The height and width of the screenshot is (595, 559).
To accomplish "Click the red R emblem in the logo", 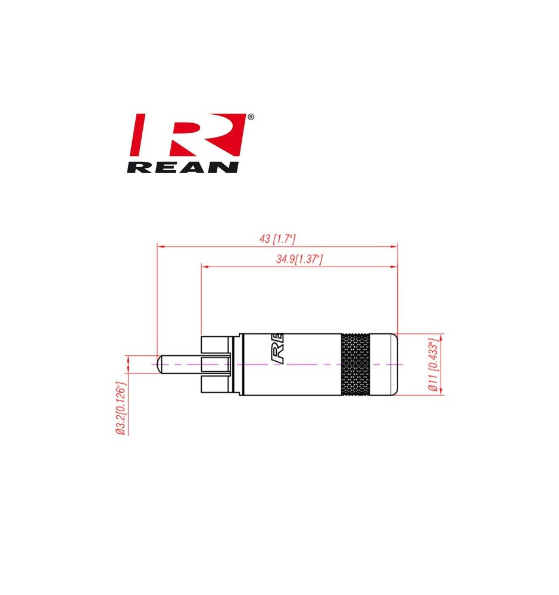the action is [188, 134].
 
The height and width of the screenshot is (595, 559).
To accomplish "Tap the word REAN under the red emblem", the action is [183, 167].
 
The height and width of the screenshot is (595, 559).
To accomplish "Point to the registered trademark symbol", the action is [251, 117].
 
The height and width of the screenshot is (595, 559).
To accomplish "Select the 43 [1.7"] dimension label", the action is [277, 239].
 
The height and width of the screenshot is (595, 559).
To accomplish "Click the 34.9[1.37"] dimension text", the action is [299, 259].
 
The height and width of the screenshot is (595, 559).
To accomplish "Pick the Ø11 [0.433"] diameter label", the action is [433, 365].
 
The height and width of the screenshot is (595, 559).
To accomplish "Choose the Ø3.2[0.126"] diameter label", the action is [121, 408].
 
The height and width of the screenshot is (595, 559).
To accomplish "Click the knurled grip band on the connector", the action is [355, 365].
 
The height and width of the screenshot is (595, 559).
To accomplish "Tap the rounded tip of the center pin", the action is [160, 364].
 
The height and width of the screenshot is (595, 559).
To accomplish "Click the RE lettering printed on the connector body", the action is [277, 349].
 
